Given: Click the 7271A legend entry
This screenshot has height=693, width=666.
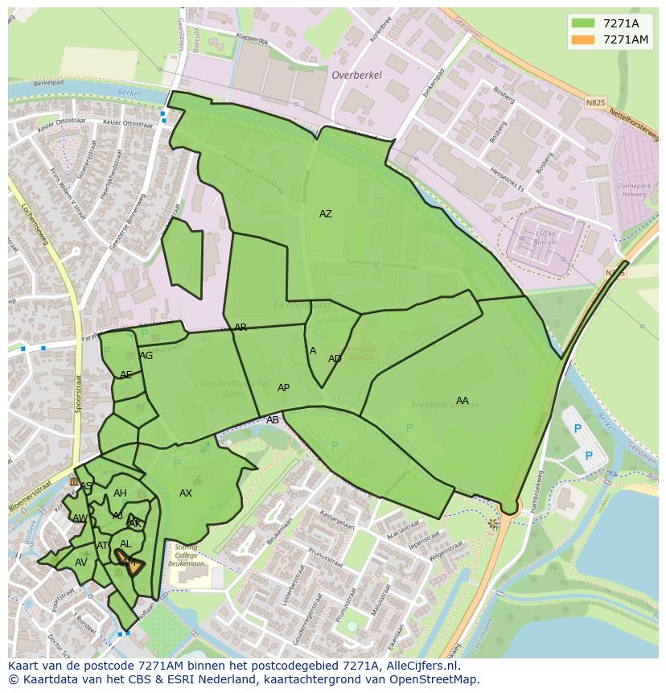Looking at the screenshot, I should point(612,23).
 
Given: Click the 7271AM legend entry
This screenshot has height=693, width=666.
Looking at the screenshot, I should point(612,39).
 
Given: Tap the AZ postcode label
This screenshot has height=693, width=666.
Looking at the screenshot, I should point(325,214).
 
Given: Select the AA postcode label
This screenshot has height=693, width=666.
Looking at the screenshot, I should point(462,401).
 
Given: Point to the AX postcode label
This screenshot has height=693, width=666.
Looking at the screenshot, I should point(186,493).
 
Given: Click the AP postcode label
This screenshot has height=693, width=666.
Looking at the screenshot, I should point(283,388).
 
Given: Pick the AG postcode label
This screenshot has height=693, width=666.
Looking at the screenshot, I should point(146,356).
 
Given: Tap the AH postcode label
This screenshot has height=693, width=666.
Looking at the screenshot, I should point(120,493).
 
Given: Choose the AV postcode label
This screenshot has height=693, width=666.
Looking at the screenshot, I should point(81,563).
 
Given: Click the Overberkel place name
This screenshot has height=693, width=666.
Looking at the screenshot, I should point(356,75).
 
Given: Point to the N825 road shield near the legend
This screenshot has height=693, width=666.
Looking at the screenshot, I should point(595,103).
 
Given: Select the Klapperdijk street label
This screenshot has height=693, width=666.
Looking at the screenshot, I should point(252,37).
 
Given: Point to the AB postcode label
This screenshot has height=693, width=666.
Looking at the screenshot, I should point(273,420).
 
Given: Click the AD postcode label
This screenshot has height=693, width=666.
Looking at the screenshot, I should point(335,359).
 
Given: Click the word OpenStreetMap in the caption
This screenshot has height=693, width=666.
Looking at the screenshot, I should point(436,680).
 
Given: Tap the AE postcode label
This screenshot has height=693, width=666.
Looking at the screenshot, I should point(125,375).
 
